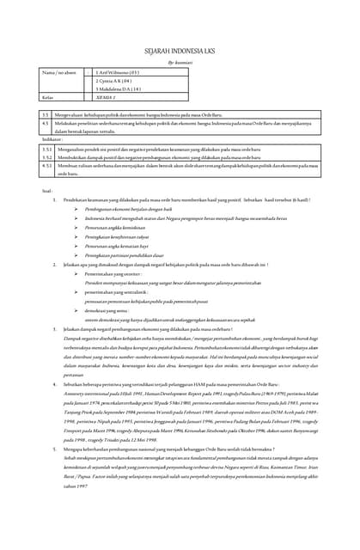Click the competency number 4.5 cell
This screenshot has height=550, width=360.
(x=46, y=124)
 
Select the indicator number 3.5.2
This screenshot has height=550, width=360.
(x=47, y=158)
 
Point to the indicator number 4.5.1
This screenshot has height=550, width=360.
(x=47, y=166)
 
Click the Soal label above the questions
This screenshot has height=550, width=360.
(x=46, y=190)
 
